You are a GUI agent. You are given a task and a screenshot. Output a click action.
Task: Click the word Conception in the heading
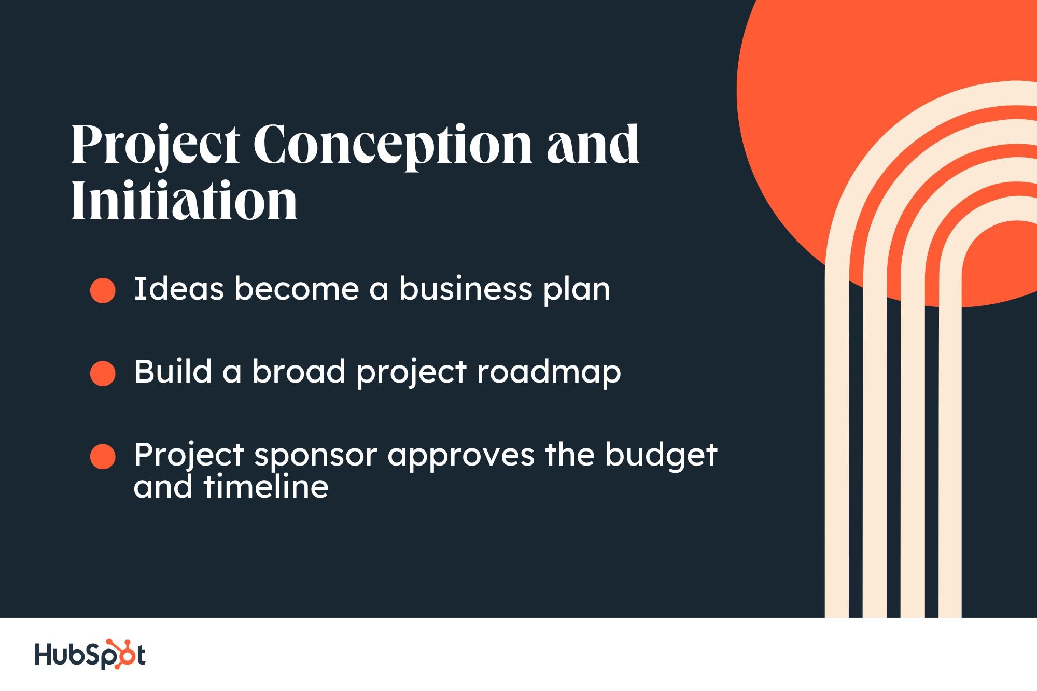pyautogui.click(x=392, y=145)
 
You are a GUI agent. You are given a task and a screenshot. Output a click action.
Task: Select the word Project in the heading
pyautogui.click(x=155, y=146)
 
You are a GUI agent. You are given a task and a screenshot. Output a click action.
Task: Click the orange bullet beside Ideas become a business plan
pyautogui.click(x=103, y=290)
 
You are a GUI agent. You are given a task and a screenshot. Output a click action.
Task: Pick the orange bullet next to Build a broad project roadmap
pyautogui.click(x=103, y=373)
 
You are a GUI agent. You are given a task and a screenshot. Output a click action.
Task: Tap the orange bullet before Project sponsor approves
pyautogui.click(x=103, y=456)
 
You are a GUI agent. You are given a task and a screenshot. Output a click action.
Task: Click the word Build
pyautogui.click(x=173, y=371)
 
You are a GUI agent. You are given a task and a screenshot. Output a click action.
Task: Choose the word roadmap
pyautogui.click(x=549, y=373)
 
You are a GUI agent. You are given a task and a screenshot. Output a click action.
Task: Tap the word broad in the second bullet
pyautogui.click(x=299, y=371)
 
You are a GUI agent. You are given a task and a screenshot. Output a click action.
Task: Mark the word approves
pyautogui.click(x=461, y=456)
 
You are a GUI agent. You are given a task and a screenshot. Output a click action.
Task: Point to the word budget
pyautogui.click(x=661, y=455)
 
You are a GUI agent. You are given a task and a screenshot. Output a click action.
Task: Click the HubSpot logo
pyautogui.click(x=90, y=654)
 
